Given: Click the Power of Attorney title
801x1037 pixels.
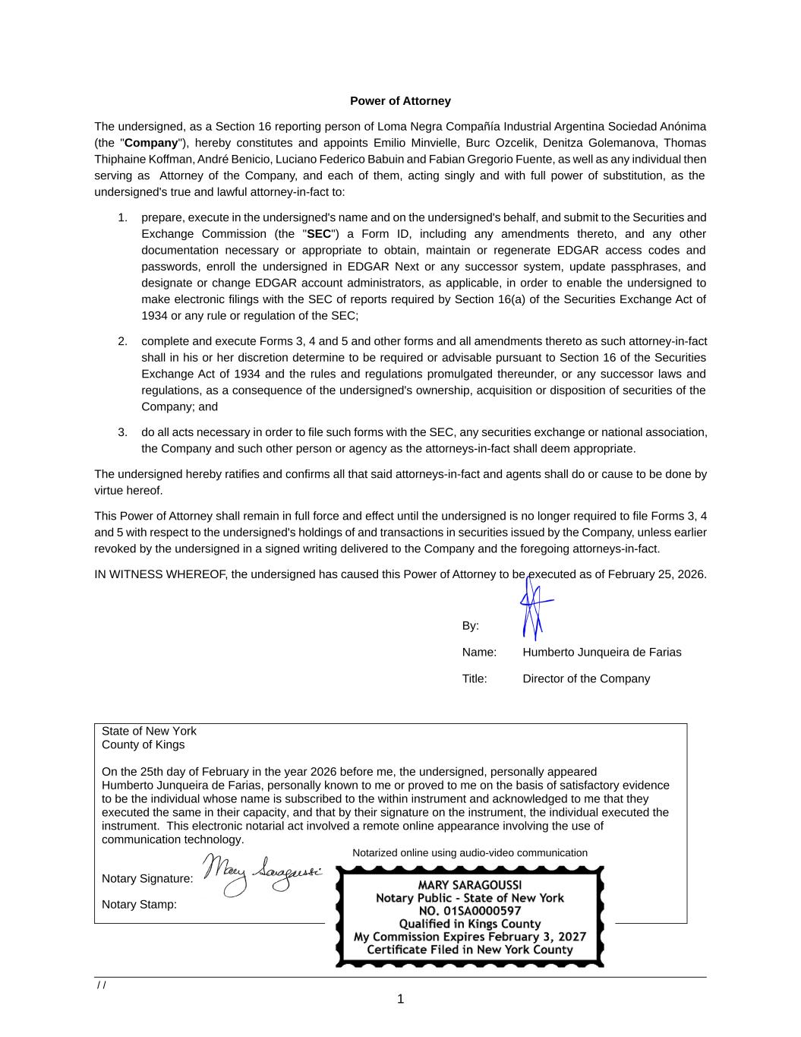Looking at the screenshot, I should [x=400, y=101].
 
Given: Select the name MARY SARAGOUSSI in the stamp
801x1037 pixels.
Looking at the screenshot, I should [x=469, y=885].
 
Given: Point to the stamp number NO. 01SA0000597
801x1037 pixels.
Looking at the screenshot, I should [x=469, y=911].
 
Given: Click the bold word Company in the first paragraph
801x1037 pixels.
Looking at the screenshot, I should [x=150, y=143].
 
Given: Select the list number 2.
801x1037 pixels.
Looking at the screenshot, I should [x=122, y=342].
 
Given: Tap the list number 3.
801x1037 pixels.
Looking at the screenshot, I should [x=122, y=432].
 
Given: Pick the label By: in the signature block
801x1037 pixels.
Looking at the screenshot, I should [x=471, y=626].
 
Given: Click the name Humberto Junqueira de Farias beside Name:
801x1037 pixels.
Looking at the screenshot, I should [x=601, y=653].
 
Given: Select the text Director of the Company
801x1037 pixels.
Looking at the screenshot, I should [x=585, y=679].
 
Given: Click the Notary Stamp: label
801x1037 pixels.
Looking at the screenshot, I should [x=139, y=905].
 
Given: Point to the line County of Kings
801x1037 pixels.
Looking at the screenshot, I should [x=143, y=745].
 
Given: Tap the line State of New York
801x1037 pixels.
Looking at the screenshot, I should [x=149, y=731].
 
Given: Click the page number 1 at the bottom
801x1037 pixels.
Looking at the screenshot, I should [x=400, y=999].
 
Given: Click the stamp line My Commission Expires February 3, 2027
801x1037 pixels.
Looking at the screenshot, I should [x=469, y=937].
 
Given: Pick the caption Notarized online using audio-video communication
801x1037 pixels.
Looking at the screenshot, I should [x=469, y=853].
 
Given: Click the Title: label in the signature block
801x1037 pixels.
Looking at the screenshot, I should [x=475, y=679].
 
